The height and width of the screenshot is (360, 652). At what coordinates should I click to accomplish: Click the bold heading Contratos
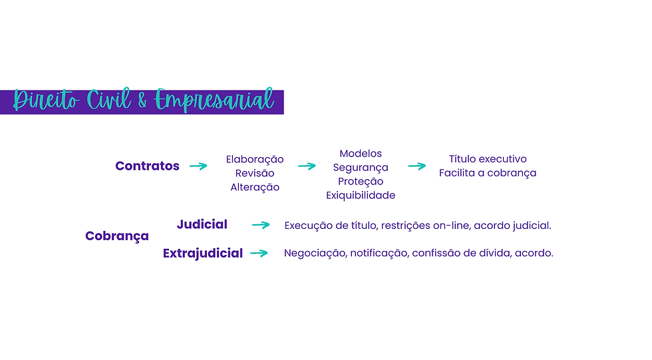(x=147, y=166)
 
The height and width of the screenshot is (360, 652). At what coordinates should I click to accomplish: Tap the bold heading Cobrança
(x=117, y=236)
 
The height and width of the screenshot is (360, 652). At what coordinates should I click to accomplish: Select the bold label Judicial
(x=202, y=225)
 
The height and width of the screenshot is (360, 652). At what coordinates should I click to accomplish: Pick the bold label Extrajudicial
(x=203, y=254)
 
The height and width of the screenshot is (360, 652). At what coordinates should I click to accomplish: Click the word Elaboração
(x=255, y=160)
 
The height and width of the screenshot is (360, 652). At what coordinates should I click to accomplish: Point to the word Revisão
(x=255, y=174)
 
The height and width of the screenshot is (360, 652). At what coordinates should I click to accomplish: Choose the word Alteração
(x=255, y=188)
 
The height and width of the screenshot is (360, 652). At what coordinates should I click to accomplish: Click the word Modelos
(x=361, y=154)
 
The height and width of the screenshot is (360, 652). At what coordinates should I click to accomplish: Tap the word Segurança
(x=361, y=168)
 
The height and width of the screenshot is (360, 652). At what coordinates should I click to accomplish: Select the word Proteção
(x=361, y=182)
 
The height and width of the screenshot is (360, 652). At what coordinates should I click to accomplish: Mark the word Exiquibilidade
(x=361, y=196)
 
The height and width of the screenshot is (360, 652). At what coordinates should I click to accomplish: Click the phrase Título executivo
(x=488, y=159)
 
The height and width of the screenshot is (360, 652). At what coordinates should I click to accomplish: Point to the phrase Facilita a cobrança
(x=488, y=173)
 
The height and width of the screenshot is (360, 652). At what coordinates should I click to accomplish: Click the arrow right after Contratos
(x=198, y=166)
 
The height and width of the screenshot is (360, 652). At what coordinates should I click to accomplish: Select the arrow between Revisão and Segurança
(x=307, y=166)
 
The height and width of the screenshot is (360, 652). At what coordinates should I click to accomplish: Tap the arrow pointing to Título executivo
(x=417, y=166)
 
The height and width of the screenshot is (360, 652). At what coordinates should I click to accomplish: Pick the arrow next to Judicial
(x=261, y=226)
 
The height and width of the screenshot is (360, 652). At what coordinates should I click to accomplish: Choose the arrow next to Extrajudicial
(x=259, y=254)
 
